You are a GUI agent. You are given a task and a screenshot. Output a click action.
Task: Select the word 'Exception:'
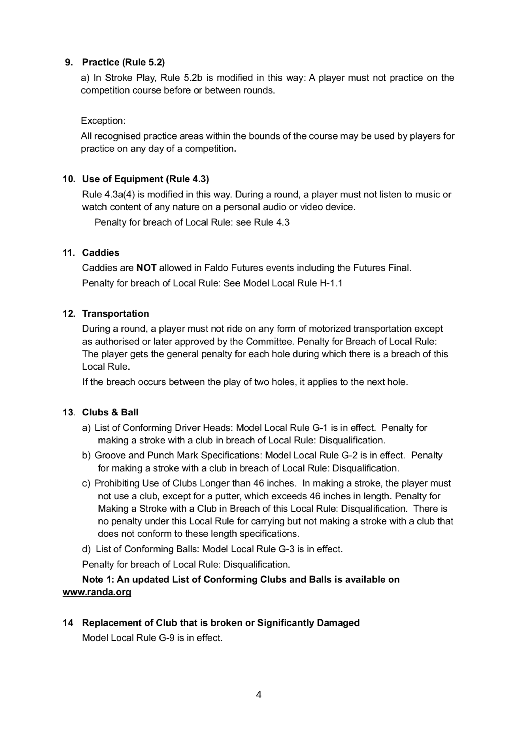(103, 121)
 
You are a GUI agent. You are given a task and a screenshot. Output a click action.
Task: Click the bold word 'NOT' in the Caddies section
(146, 268)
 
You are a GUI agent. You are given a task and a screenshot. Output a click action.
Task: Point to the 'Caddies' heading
(101, 253)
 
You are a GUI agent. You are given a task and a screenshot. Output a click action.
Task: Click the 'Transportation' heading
(116, 314)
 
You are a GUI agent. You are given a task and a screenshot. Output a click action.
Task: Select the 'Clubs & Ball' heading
(110, 413)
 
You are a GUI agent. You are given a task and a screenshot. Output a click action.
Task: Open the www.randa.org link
(97, 592)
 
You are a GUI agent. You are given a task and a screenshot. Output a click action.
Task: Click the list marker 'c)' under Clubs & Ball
(86, 483)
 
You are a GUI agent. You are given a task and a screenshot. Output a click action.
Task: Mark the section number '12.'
(69, 314)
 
